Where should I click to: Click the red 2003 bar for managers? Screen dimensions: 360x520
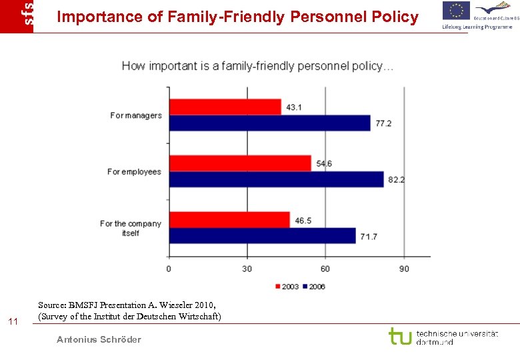225,107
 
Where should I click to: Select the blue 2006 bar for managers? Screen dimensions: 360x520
270,123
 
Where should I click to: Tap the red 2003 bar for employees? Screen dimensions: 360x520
240,163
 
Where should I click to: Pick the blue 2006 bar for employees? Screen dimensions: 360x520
277,179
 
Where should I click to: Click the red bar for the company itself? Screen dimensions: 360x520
230,219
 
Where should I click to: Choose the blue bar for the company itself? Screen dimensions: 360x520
263,235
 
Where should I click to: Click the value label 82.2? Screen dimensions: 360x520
398,180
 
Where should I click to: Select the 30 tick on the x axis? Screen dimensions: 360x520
247,269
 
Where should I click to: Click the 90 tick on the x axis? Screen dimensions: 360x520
404,269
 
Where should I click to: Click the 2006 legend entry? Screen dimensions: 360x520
314,287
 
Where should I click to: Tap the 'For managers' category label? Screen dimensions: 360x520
136,115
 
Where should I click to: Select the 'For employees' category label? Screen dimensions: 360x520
134,172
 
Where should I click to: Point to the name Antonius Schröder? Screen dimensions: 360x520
99,339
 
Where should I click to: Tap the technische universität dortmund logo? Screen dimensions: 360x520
443,337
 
